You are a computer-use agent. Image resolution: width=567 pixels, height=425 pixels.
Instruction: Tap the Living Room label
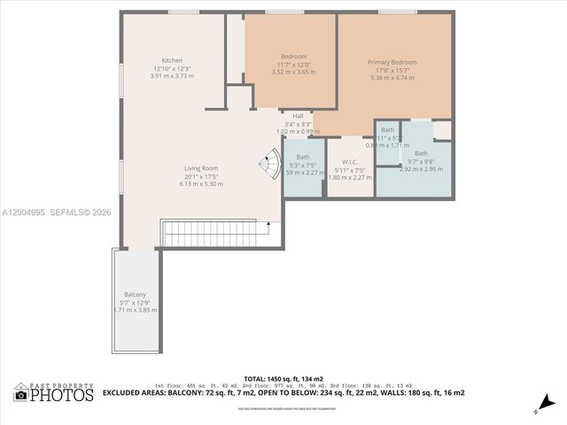tap(176, 168)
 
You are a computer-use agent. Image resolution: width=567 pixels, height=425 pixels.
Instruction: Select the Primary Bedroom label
tap(392, 62)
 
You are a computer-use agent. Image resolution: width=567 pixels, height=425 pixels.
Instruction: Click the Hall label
tap(298, 116)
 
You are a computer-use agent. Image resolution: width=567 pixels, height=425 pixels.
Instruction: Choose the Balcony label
tap(135, 294)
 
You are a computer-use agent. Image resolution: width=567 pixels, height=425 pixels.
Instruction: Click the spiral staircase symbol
tap(268, 164)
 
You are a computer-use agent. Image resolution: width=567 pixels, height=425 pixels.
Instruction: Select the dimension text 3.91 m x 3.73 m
tap(172, 76)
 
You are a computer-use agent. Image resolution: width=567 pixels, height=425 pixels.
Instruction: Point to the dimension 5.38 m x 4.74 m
tap(392, 77)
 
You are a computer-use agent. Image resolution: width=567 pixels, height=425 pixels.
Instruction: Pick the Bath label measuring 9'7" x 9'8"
tap(420, 153)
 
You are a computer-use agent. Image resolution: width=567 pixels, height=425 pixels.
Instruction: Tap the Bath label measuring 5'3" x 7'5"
tap(302, 157)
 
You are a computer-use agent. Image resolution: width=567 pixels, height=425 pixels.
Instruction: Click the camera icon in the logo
tap(19, 395)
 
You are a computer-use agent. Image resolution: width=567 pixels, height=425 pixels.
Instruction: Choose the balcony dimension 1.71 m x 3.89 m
tap(136, 310)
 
